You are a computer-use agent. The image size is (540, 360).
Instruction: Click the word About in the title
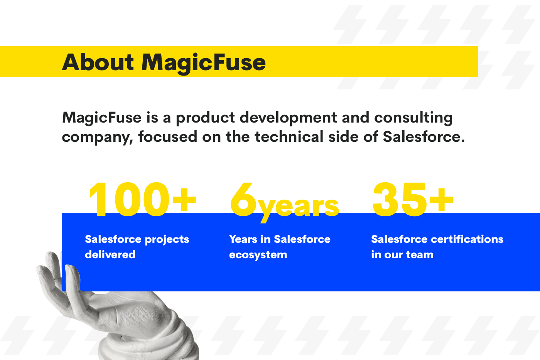click(x=98, y=62)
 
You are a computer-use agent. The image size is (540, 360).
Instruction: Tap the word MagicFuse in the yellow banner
click(x=204, y=62)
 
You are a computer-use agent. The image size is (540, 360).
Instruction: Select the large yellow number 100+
click(x=142, y=200)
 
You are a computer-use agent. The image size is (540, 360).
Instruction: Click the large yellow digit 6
click(x=244, y=200)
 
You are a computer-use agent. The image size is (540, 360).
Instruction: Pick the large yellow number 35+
click(x=413, y=200)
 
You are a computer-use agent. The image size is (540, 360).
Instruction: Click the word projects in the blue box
click(x=167, y=240)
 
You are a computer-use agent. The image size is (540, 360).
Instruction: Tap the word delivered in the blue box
click(x=110, y=254)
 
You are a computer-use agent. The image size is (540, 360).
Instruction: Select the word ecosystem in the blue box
click(x=258, y=255)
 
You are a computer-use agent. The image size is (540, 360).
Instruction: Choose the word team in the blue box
click(x=420, y=255)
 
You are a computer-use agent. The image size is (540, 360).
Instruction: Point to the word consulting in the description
click(x=413, y=118)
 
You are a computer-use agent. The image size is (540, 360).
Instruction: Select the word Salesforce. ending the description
click(x=424, y=137)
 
